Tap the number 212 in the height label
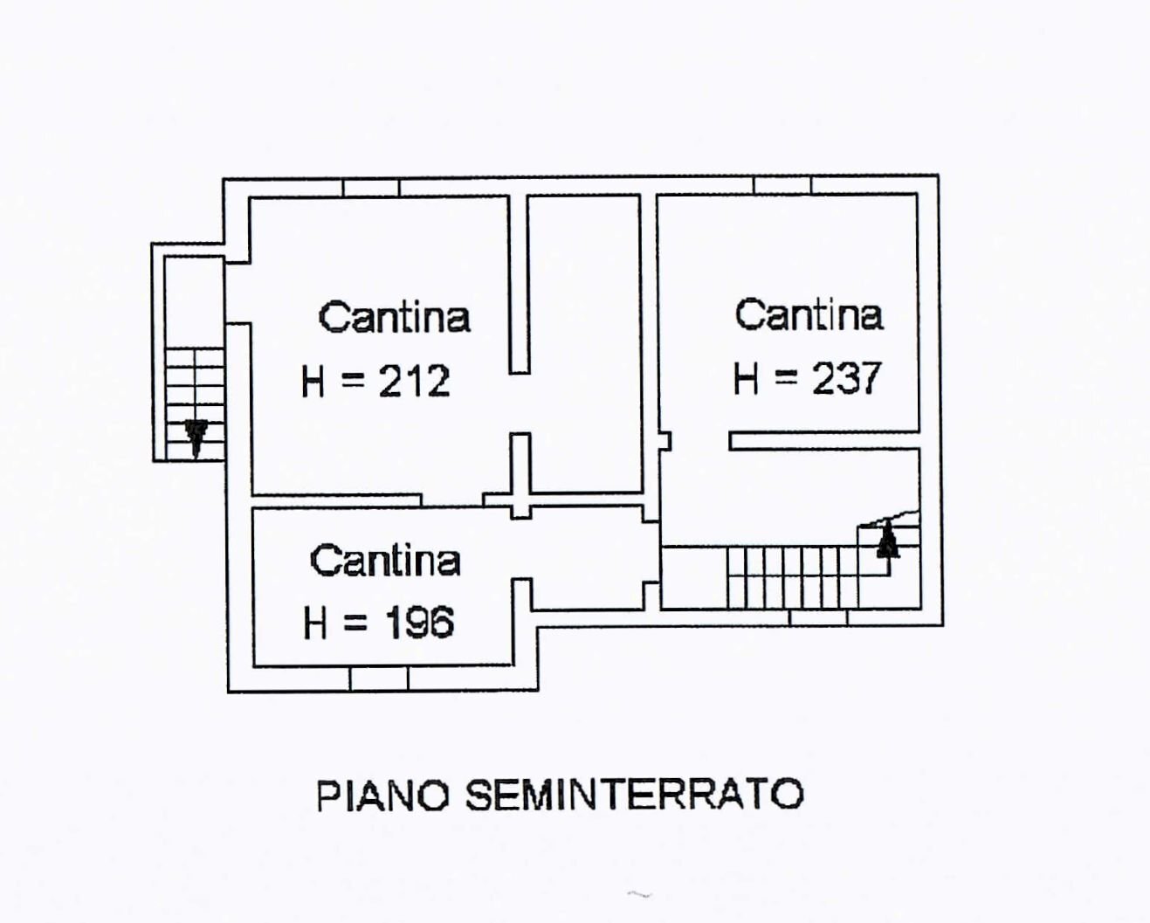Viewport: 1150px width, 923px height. (x=414, y=382)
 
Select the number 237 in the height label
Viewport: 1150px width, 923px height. (x=846, y=379)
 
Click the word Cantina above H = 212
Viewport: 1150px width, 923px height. (x=394, y=317)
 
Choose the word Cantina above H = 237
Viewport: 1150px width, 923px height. (x=808, y=315)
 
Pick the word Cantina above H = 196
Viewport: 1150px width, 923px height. (x=385, y=561)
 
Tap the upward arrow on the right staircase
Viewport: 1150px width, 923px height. (x=887, y=540)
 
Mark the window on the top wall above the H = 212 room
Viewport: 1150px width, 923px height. (x=370, y=188)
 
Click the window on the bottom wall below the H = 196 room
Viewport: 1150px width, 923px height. (x=379, y=678)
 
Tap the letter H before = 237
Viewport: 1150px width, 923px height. (x=746, y=380)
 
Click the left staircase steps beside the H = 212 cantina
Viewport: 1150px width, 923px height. (x=194, y=384)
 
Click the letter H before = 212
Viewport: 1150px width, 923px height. (x=313, y=382)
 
